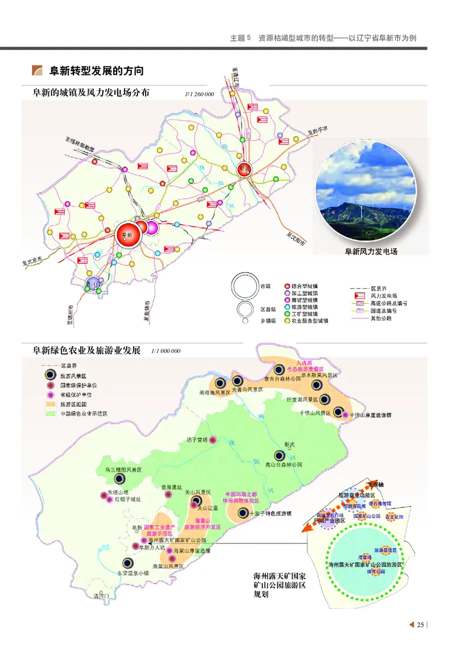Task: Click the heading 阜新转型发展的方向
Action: point(96,71)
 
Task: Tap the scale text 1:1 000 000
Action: point(166,351)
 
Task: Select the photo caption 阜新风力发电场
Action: point(371,251)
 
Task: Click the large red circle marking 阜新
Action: point(127,234)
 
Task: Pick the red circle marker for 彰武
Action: point(245,169)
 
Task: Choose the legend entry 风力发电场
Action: point(384,296)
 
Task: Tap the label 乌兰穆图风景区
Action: point(123,470)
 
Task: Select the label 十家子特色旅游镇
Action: point(270,513)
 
